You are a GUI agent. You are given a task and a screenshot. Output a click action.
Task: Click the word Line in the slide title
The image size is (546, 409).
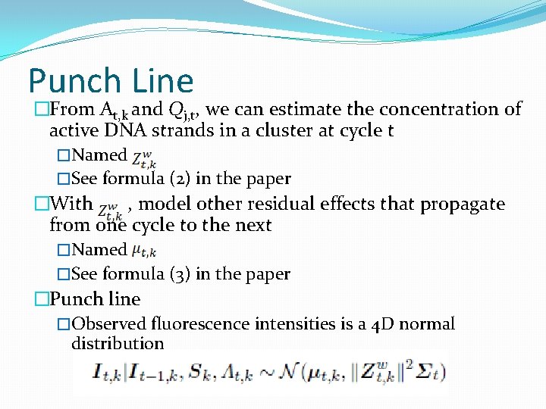click(162, 81)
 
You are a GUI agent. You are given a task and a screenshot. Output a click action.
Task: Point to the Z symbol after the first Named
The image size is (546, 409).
click(144, 159)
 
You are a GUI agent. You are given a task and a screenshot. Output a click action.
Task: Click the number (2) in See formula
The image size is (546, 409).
click(180, 179)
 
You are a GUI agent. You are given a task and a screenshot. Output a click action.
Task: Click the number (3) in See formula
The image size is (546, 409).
click(180, 273)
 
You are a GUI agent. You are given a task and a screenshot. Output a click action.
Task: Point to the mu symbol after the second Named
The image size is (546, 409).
click(143, 251)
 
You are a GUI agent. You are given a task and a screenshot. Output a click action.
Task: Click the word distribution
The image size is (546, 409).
click(118, 343)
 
